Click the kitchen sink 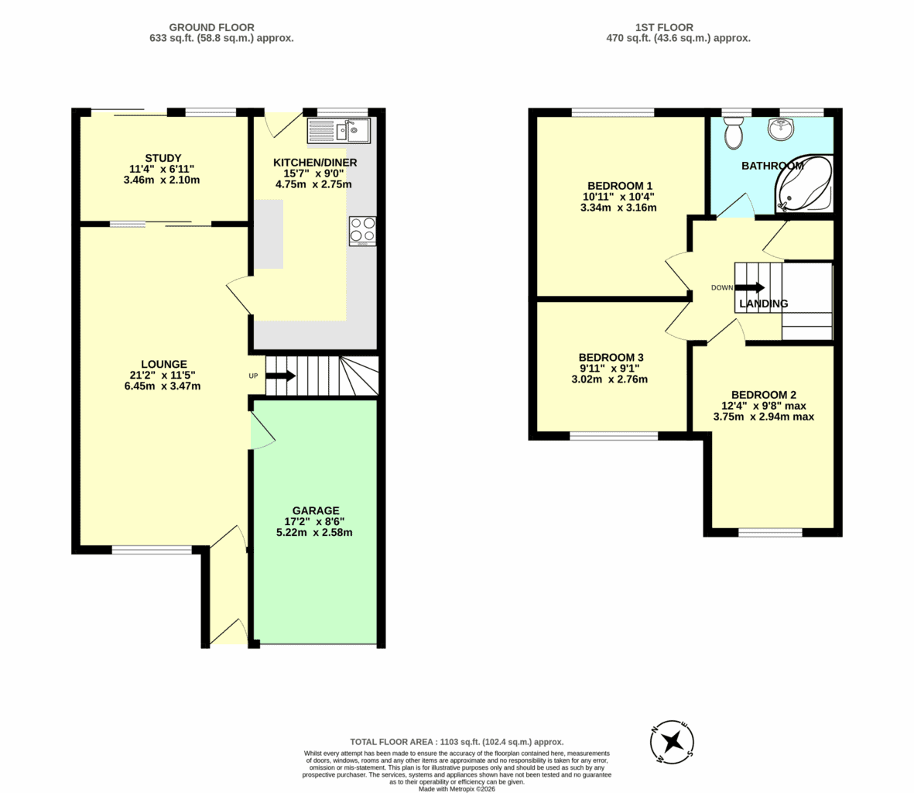click(339, 131)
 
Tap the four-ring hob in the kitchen click(362, 231)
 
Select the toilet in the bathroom click(733, 132)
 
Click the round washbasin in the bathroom click(781, 129)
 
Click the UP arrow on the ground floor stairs click(281, 376)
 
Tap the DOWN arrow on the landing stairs click(750, 287)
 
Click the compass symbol click(672, 742)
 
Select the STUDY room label click(163, 158)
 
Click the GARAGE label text click(315, 511)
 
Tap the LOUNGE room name click(164, 365)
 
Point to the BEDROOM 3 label click(611, 358)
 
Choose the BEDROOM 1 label click(620, 186)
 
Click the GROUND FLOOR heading click(211, 27)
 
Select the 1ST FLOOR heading click(664, 27)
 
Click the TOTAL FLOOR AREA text click(457, 742)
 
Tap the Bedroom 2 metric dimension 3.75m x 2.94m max click(764, 417)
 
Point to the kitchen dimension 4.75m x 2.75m click(313, 185)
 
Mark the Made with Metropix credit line click(457, 789)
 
